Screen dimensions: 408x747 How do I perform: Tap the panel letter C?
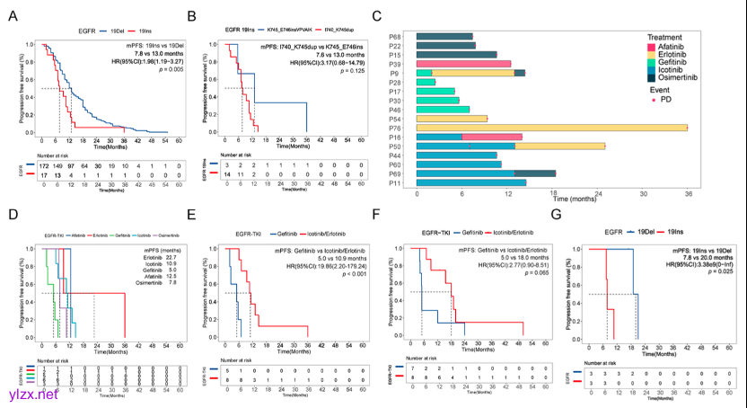coord(376,16)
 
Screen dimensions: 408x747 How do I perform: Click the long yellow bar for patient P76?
coord(552,128)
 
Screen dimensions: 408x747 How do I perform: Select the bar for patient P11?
coord(471,182)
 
